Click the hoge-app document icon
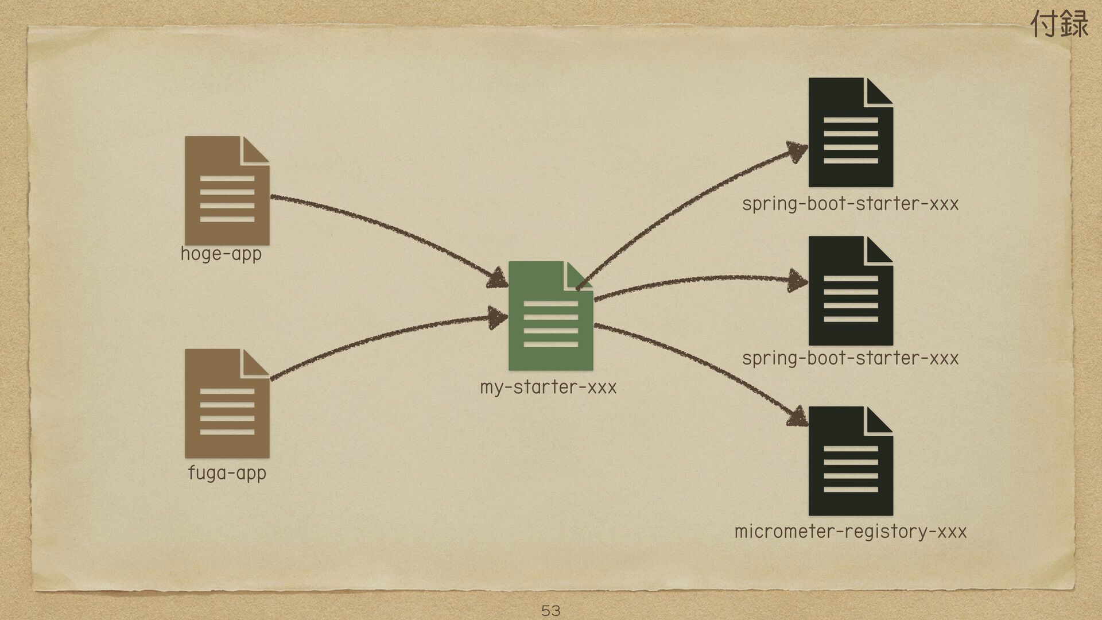[x=227, y=191]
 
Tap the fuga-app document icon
[x=227, y=404]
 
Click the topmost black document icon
[x=850, y=133]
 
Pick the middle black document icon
[x=850, y=291]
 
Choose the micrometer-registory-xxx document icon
[x=850, y=462]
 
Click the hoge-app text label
[x=221, y=254]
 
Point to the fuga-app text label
[x=227, y=473]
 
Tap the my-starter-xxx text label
[x=548, y=387]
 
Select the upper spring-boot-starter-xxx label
[x=850, y=204]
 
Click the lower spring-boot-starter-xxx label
[x=850, y=359]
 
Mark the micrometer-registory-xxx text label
[x=850, y=532]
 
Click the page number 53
[x=550, y=610]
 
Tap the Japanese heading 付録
[x=1060, y=24]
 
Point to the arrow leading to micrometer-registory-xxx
[x=700, y=362]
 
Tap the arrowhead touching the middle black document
[x=798, y=281]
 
